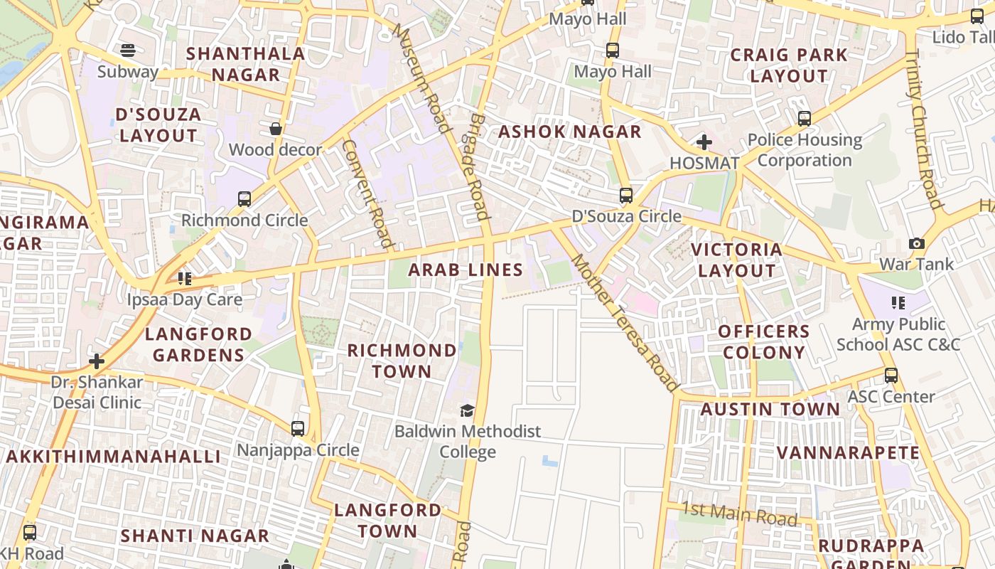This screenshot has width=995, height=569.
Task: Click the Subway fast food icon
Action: [x=128, y=50]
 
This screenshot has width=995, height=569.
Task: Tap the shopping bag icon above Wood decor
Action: [x=275, y=129]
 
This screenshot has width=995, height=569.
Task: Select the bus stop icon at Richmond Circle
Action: [x=244, y=199]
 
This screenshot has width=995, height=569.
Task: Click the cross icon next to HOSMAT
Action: [x=704, y=142]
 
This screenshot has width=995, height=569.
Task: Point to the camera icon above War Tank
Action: [x=917, y=243]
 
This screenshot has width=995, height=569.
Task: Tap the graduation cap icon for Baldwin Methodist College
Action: [x=467, y=410]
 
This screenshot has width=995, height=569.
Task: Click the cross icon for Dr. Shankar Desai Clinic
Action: [x=97, y=361]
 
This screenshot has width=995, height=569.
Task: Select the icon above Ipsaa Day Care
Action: [x=185, y=279]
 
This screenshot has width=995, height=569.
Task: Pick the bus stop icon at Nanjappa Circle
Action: [x=298, y=429]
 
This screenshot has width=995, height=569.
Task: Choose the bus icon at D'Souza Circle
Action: [x=626, y=195]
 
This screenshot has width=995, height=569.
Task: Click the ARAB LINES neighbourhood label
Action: [x=466, y=270]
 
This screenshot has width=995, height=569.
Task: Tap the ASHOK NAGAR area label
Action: [x=569, y=132]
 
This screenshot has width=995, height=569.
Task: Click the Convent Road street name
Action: [x=367, y=193]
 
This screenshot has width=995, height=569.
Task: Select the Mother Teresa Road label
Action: [x=624, y=322]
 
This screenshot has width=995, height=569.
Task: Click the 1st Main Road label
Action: [x=739, y=514]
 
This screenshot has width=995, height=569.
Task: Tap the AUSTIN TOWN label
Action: [x=770, y=409]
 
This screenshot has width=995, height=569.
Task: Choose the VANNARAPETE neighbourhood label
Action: [x=848, y=453]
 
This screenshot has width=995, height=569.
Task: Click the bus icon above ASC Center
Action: [x=891, y=376]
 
